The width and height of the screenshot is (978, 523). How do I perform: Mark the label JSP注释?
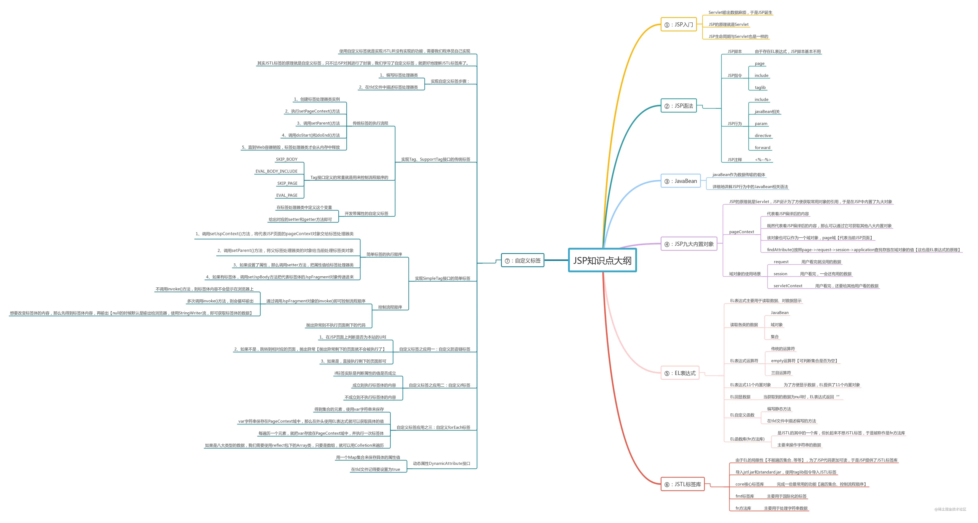point(735,159)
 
